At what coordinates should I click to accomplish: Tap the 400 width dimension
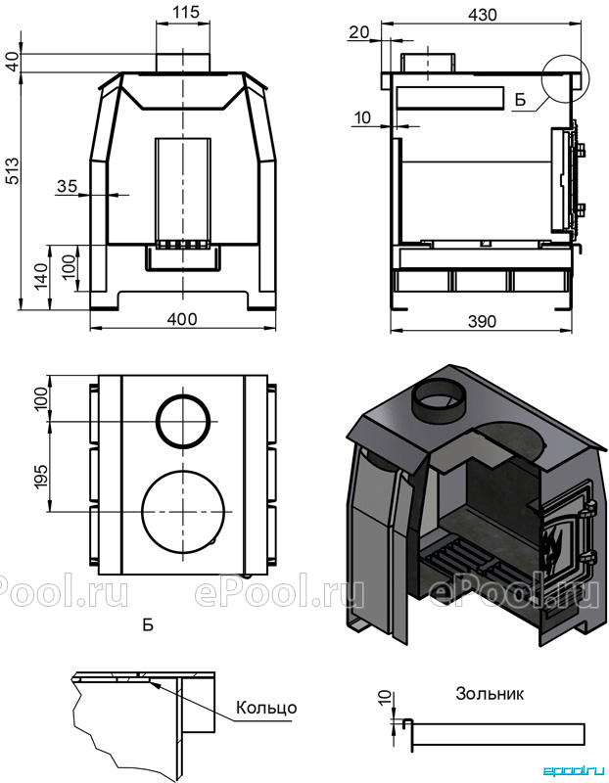181,319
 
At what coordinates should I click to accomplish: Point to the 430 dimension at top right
483,15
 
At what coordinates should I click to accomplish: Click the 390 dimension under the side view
482,321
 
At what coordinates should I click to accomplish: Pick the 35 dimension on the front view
67,186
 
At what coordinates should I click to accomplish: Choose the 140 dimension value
42,275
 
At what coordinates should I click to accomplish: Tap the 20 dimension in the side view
358,32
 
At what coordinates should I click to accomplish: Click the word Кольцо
266,708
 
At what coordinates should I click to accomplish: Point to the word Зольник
490,694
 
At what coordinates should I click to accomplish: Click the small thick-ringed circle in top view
183,421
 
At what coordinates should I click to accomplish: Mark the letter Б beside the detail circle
520,100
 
